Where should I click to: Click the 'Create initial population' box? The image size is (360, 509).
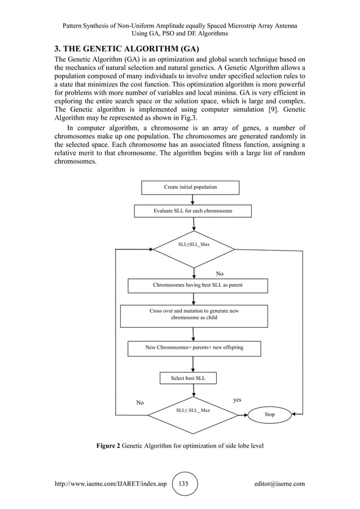190,187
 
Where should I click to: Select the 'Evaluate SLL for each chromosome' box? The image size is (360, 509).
193,211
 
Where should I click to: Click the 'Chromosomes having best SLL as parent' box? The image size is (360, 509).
197,286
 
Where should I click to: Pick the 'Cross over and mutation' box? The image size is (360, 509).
194,315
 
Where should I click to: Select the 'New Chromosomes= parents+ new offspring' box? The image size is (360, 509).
194,348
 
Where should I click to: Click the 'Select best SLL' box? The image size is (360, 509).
188,378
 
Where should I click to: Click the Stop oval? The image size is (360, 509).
270,415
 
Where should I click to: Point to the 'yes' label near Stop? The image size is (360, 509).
237,400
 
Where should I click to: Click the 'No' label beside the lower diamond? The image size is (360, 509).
140,403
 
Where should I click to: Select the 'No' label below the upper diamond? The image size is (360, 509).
219,274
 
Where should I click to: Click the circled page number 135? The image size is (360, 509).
184,484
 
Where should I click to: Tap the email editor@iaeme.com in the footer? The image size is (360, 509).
279,484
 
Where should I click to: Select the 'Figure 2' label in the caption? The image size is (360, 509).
108,446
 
